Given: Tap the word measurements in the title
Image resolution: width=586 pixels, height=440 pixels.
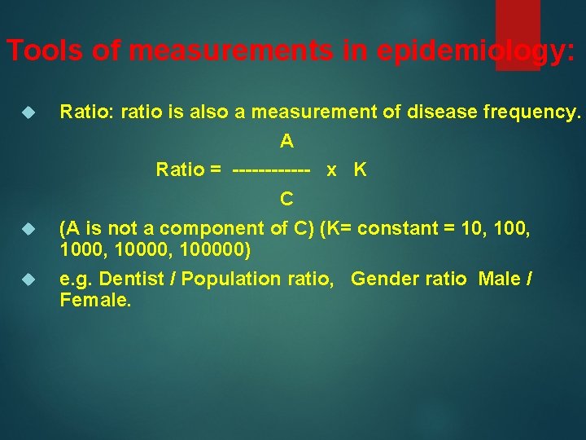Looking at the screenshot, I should tap(230, 51).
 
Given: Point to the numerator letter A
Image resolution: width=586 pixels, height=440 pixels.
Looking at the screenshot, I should tap(286, 141).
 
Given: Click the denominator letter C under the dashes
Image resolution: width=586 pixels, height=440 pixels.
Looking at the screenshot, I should tap(286, 198).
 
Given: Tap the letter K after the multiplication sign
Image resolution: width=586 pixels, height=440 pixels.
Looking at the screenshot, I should tap(360, 169).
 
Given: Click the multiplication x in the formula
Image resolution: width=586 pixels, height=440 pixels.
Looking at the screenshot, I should tap(331, 170).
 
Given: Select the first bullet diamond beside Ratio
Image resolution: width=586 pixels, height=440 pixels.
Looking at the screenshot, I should tap(27, 112).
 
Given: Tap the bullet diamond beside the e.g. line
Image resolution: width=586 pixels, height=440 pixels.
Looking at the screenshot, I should tap(27, 279).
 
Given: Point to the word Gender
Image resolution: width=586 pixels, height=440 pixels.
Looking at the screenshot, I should tap(381, 279).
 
